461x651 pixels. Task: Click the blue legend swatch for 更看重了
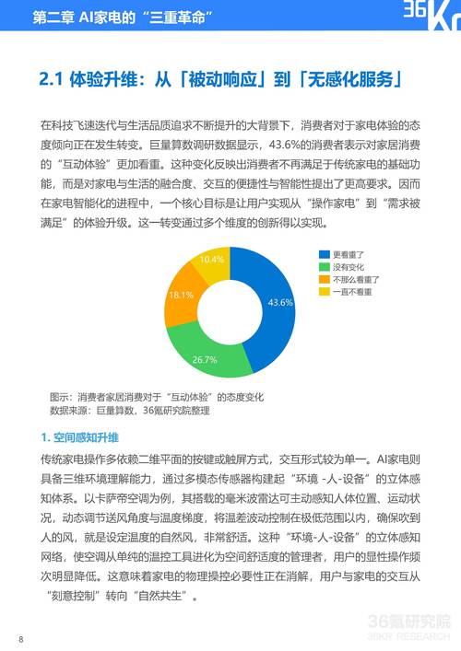point(324,254)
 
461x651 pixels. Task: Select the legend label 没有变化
point(348,266)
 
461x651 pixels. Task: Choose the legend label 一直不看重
point(351,291)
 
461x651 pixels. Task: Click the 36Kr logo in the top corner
point(424,17)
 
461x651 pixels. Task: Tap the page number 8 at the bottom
point(20,638)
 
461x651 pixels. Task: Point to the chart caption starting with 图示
point(156,396)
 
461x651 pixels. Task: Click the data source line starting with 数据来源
point(128,411)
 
